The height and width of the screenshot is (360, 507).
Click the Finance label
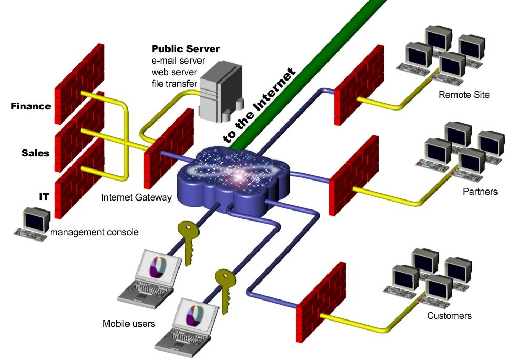click(x=31, y=106)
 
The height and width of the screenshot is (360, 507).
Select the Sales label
click(x=35, y=153)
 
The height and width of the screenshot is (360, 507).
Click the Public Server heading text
click(x=185, y=49)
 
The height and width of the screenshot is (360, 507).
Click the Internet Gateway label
click(x=136, y=197)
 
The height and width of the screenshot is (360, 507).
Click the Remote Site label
click(x=464, y=95)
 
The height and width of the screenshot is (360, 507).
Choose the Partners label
click(x=480, y=191)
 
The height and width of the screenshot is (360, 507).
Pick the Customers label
click(x=449, y=316)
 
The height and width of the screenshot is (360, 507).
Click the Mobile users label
click(x=129, y=323)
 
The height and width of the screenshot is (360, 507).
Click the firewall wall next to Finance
click(x=79, y=79)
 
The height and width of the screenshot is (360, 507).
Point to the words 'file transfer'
click(x=174, y=83)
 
